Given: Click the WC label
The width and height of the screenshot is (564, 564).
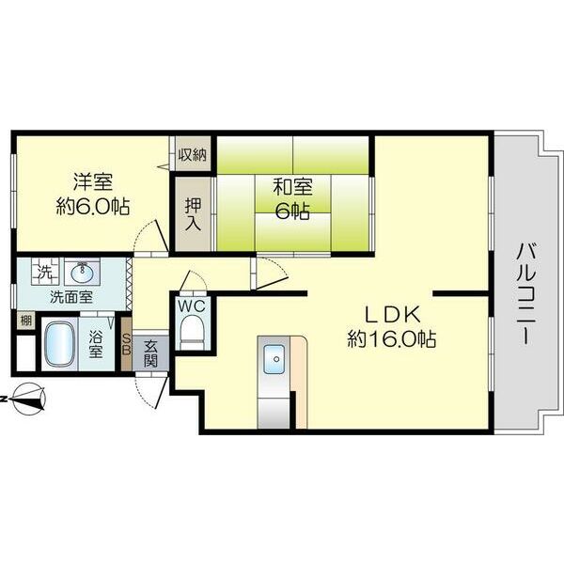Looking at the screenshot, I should [193, 305].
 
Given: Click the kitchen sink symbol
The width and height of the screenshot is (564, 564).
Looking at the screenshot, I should [275, 358].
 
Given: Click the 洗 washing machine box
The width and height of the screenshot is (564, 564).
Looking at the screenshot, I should [42, 274].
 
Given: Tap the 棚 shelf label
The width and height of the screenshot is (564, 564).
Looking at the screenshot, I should [24, 321].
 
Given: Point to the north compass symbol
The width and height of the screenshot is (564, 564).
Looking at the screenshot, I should [30, 399].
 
